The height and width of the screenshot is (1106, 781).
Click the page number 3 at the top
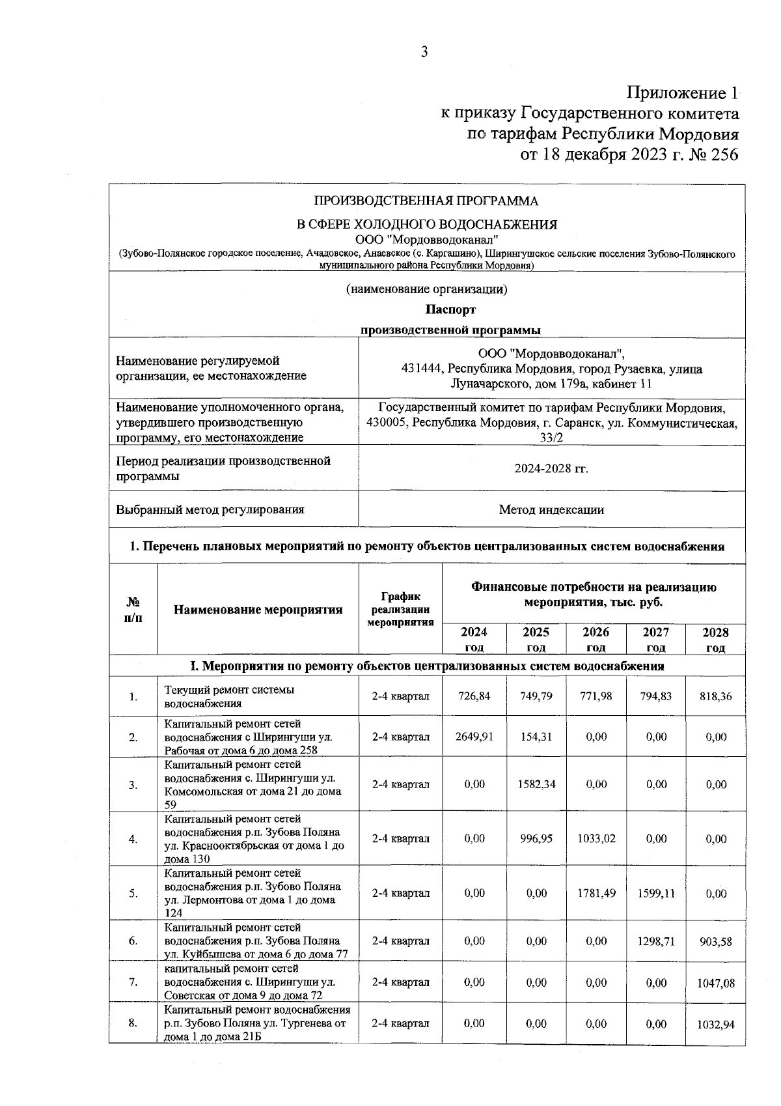coord(424,52)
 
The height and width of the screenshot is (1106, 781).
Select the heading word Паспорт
coord(450,309)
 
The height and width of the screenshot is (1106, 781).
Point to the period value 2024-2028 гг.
coord(551,468)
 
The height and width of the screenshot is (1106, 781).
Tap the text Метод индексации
coord(551,509)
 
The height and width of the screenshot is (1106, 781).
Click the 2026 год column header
coord(596,639)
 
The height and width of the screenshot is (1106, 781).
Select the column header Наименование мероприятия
coord(258,610)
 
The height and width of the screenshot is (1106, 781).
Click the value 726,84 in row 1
coord(474,696)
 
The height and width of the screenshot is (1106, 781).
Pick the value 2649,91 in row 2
coord(474,737)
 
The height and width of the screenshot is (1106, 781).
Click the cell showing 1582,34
coord(536,784)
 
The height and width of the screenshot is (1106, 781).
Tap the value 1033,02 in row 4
coord(596,839)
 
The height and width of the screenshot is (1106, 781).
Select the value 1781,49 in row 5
coord(596,893)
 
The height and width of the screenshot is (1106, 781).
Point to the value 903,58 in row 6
coord(716,941)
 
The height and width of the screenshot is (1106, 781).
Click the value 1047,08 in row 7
coord(716,983)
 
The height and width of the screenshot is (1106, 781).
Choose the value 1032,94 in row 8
coord(716,1025)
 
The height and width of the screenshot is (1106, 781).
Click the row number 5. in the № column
coord(133,893)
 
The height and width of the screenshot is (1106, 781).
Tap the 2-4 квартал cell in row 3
coord(400,784)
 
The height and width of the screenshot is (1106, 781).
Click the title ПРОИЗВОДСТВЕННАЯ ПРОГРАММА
coord(426,201)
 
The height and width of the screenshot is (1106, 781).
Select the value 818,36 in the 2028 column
coord(716,696)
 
